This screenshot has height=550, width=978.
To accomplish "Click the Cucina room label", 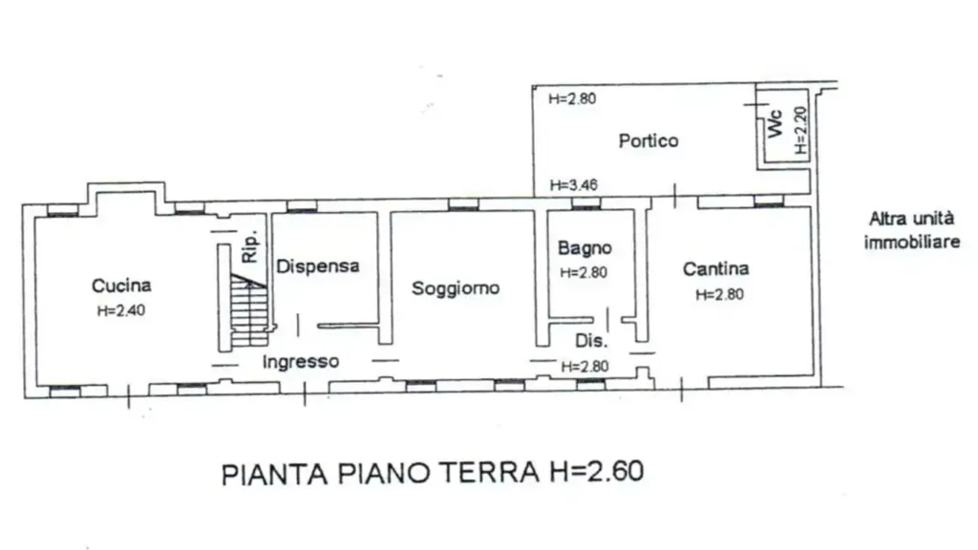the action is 121,286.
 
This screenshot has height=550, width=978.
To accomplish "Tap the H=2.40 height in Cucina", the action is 121,310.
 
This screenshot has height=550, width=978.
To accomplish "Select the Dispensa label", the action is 318,266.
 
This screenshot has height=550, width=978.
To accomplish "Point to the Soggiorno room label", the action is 456,288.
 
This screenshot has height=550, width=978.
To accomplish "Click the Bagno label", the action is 585,248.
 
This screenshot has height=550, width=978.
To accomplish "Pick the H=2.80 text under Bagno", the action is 584,272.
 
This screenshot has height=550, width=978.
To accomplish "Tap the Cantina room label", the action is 715,268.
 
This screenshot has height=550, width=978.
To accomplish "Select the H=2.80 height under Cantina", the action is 720,294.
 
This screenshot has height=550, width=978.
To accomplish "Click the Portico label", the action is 648,141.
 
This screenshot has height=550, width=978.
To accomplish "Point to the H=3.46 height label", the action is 574,185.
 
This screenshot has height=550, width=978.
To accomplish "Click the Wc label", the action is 776,124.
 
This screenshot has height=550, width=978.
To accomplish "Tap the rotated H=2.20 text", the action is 801,131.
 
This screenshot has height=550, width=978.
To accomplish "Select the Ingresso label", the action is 301,362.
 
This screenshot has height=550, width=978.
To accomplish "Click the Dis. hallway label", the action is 590,341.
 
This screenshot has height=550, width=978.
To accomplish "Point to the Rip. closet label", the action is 249,247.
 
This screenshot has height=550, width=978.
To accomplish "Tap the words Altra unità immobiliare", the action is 912,230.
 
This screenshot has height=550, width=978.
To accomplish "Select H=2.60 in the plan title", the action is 596,472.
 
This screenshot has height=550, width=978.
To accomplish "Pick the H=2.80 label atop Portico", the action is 573,98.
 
